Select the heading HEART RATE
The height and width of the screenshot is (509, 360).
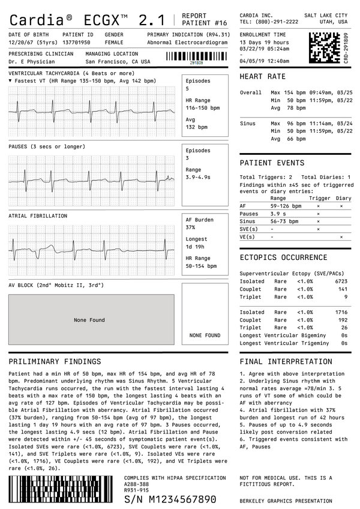click(262, 77)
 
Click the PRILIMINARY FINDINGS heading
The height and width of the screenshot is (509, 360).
click(55, 362)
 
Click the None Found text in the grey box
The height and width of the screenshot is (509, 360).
click(89, 320)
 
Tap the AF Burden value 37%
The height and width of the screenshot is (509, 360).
click(191, 227)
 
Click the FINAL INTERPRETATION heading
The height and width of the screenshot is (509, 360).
click(285, 362)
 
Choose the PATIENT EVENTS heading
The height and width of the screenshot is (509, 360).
click(271, 163)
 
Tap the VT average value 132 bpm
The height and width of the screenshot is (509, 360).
click(197, 127)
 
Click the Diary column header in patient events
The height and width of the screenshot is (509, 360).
click(343, 198)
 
